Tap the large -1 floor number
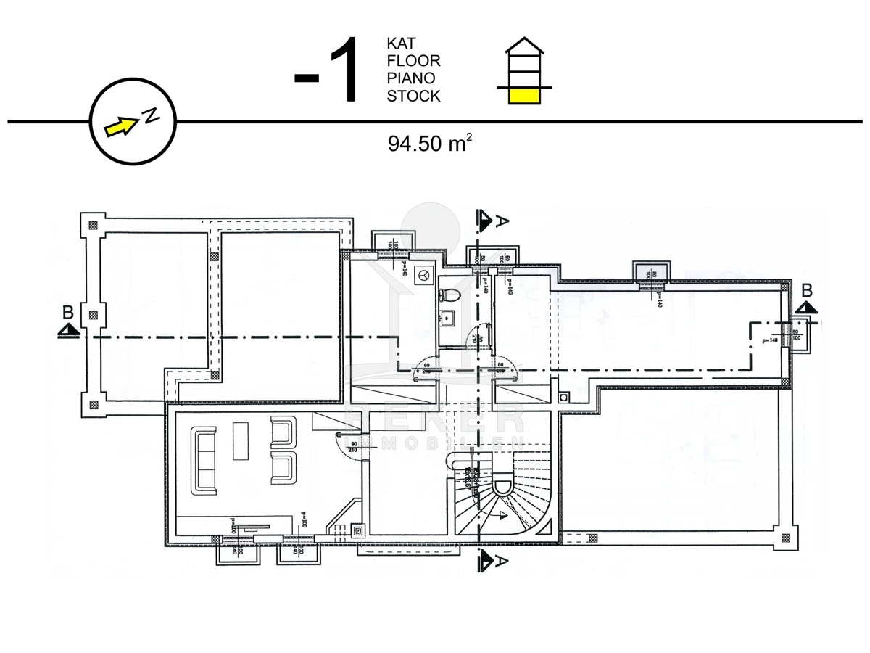tap(327, 73)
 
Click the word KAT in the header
tap(401, 44)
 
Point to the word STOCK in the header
tap(413, 96)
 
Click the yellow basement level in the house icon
tap(523, 95)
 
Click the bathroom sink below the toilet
tap(447, 317)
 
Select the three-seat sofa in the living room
tap(205, 460)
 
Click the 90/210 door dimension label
tap(354, 448)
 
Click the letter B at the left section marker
tap(67, 313)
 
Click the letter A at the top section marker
tap(499, 223)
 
